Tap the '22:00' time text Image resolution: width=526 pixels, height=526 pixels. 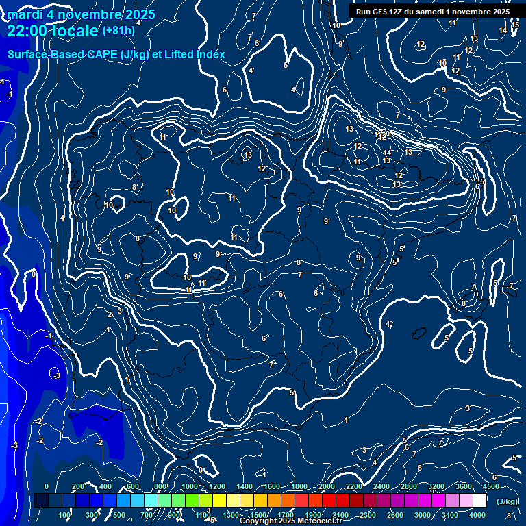point(27,31)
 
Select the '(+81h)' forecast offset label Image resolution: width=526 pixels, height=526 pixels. point(118,31)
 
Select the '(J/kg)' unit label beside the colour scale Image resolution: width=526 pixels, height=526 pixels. point(506,501)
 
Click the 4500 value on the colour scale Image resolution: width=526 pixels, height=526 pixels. point(491,486)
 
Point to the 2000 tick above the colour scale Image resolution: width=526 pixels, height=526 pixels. point(327,486)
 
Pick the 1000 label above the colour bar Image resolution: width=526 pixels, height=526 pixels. point(190,486)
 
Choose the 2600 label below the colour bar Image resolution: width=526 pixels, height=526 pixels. point(395,515)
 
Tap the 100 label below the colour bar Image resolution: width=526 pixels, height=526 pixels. point(65,515)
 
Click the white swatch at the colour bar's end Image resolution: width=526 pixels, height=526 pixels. point(479,501)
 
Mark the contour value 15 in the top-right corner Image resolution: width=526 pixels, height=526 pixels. point(516,25)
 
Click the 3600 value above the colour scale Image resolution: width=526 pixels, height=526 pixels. point(464,486)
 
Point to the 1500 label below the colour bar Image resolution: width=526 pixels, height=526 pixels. point(258,515)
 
